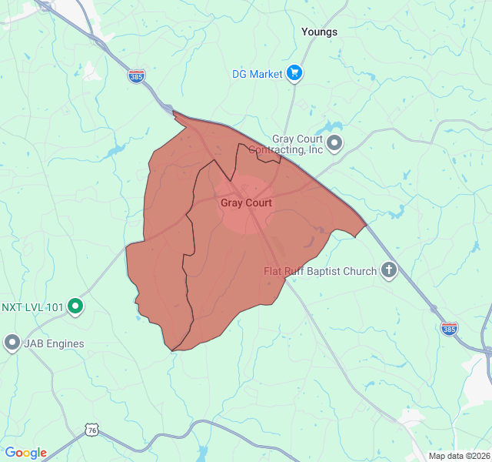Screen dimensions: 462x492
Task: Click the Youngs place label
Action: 319,32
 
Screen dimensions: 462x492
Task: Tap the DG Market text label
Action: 258,74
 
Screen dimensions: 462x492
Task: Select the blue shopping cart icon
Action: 294,74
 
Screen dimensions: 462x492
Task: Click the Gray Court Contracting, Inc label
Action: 287,144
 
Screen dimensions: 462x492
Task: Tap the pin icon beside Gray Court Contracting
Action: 334,142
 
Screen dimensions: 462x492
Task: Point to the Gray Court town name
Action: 246,203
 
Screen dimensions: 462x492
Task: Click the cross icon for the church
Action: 389,270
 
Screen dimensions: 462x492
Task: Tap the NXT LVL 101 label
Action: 32,306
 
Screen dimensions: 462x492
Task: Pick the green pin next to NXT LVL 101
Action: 75,306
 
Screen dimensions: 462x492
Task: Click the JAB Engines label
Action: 54,343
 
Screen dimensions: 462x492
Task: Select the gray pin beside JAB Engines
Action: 12,343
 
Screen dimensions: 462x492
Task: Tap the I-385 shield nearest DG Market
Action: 136,76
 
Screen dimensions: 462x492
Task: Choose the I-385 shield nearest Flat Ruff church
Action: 450,328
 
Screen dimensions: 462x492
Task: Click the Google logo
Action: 25,453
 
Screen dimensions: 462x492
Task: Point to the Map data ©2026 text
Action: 458,456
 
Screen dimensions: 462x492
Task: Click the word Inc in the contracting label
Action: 315,149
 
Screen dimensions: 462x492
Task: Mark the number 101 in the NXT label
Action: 55,306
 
